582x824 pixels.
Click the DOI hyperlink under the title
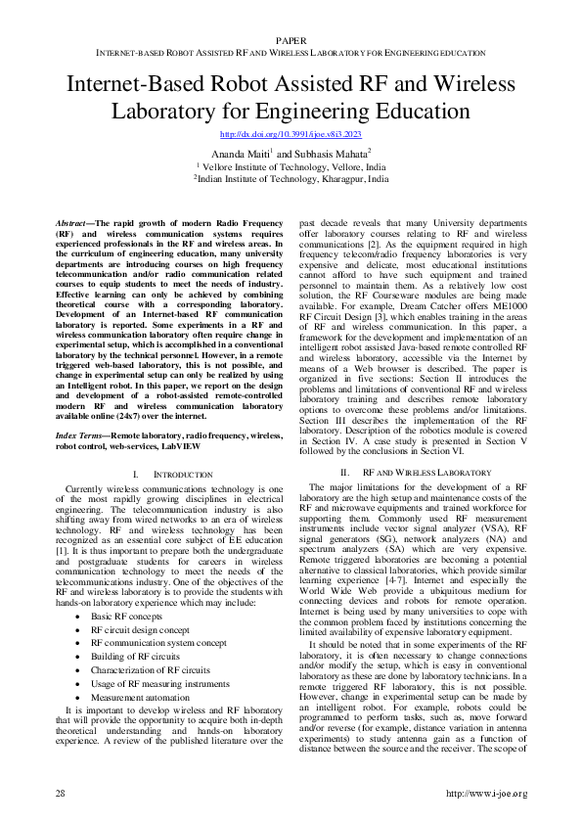pyautogui.click(x=291, y=133)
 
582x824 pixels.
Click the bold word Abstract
pyautogui.click(x=74, y=224)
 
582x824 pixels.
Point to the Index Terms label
pyautogui.click(x=81, y=432)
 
